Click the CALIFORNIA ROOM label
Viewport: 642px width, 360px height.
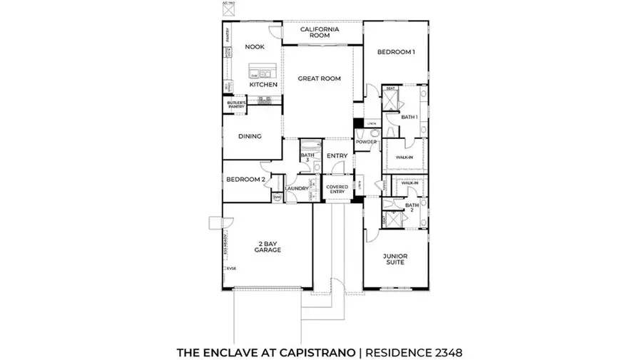click(319, 32)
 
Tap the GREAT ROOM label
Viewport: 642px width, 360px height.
click(319, 78)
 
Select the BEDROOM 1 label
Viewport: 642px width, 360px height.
click(396, 51)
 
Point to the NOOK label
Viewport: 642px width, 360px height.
click(255, 47)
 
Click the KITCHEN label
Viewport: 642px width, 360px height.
click(263, 85)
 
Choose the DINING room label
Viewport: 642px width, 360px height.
click(250, 136)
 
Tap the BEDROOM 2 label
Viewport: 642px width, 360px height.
click(245, 180)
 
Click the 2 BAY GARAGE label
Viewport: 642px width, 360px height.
click(268, 247)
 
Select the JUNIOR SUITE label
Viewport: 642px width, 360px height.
click(394, 259)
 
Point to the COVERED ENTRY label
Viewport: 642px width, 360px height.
click(337, 188)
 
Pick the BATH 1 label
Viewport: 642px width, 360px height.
click(408, 116)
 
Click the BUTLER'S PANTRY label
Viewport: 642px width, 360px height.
click(236, 105)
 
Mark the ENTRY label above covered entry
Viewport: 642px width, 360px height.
click(337, 156)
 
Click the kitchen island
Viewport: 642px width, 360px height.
click(263, 71)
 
